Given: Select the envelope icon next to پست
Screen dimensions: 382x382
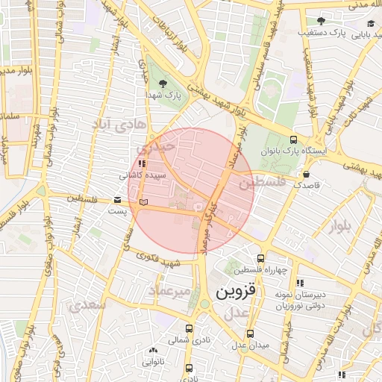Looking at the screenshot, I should [116, 200].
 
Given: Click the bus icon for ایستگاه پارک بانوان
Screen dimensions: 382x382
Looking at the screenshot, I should [292, 140].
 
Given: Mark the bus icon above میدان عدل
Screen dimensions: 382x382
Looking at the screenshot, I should [249, 334].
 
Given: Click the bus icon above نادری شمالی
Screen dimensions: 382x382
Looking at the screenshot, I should [190, 328].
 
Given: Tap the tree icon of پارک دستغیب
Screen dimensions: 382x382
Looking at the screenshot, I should [321, 21].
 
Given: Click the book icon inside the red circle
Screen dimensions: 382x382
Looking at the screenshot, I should [143, 202].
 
